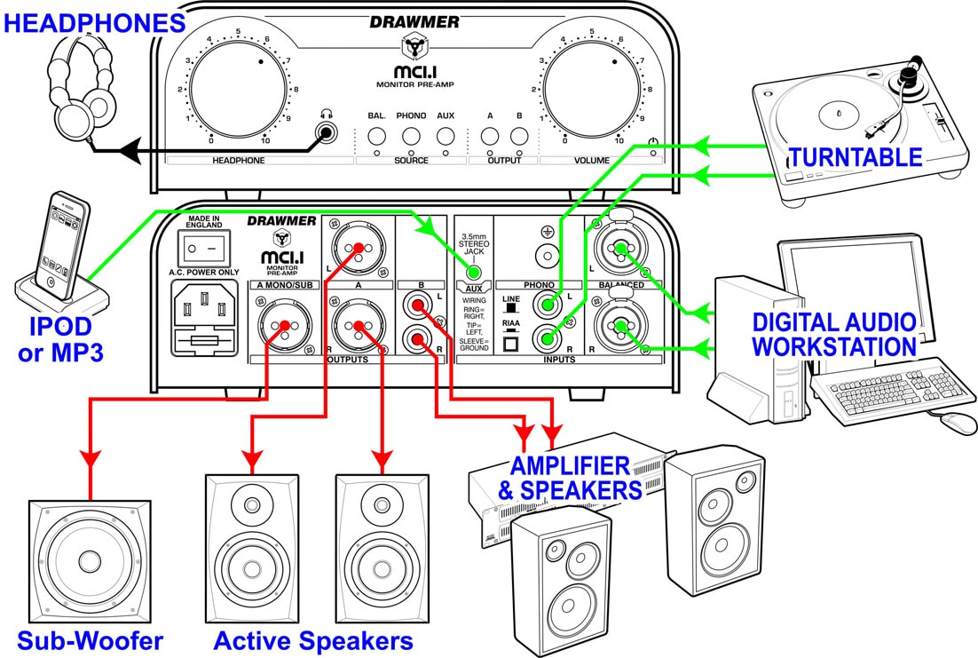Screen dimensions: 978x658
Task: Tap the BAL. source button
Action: pyautogui.click(x=376, y=136)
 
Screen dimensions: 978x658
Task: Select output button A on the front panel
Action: pyautogui.click(x=490, y=136)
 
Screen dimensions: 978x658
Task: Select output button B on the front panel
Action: pyautogui.click(x=519, y=136)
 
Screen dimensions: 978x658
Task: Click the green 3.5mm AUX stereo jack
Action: pyautogui.click(x=473, y=273)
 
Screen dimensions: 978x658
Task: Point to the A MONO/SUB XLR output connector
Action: pyautogui.click(x=284, y=325)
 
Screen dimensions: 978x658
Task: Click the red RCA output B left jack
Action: pyautogui.click(x=417, y=305)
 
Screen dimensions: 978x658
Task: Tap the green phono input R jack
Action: pyautogui.click(x=547, y=339)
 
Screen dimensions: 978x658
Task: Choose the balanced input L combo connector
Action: pyautogui.click(x=620, y=250)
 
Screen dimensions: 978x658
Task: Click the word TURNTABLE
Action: pyautogui.click(x=856, y=157)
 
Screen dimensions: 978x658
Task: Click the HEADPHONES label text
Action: pyautogui.click(x=95, y=23)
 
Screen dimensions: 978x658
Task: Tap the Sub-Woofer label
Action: pyautogui.click(x=90, y=641)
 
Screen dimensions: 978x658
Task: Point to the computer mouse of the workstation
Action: pyautogui.click(x=958, y=424)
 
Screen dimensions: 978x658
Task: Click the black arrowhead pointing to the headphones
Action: pyautogui.click(x=130, y=152)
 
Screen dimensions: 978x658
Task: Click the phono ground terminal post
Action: pyautogui.click(x=547, y=255)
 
